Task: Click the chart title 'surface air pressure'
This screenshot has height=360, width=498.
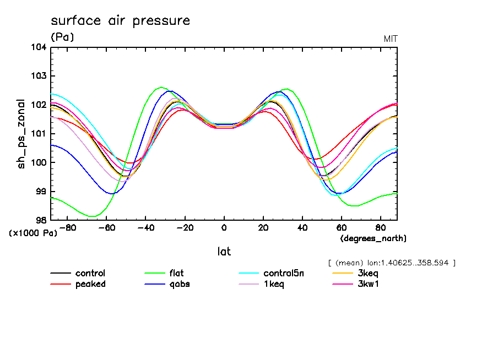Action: [120, 21]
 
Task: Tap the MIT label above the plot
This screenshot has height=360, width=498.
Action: [390, 39]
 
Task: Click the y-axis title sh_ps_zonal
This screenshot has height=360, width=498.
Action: [21, 133]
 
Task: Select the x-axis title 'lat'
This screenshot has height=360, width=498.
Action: [224, 252]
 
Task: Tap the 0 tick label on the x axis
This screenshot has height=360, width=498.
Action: [224, 227]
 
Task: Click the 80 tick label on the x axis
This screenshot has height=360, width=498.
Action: [381, 227]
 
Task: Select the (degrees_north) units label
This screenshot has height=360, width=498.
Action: [373, 238]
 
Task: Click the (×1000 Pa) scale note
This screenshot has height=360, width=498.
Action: [33, 233]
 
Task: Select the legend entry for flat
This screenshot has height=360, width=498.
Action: [176, 273]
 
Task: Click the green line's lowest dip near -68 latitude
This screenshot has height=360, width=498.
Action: [92, 216]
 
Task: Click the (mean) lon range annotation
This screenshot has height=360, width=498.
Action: [391, 263]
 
